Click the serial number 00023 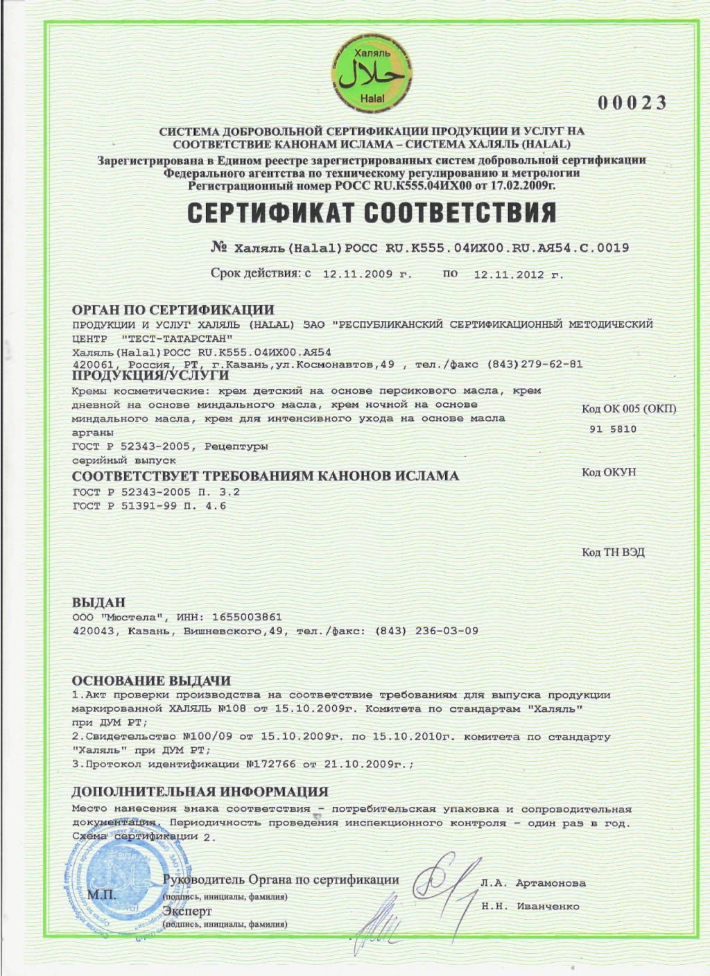[632, 103]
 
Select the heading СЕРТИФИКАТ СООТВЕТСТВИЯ [372, 213]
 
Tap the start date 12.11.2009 [358, 274]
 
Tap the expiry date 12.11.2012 [508, 274]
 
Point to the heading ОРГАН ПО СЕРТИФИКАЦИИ [173, 310]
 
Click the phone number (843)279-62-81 [535, 365]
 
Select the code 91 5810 [612, 429]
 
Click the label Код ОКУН [609, 472]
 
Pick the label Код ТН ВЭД [613, 552]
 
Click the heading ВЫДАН [99, 602]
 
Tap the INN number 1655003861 [248, 617]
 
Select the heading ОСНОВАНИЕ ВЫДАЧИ [152, 681]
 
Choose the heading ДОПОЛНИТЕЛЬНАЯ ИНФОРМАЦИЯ [200, 792]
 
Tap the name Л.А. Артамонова [533, 883]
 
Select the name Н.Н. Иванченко [530, 906]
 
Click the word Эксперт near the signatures [187, 911]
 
